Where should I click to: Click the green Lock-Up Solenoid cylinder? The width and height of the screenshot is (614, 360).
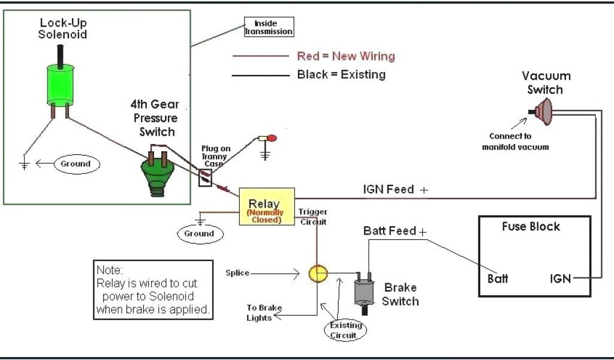pyautogui.click(x=59, y=84)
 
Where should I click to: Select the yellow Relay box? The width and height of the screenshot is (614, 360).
pyautogui.click(x=267, y=207)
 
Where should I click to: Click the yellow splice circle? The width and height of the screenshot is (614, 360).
pyautogui.click(x=318, y=274)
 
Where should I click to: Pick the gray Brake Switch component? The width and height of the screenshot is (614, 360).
pyautogui.click(x=364, y=291)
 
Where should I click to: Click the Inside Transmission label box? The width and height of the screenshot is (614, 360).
pyautogui.click(x=269, y=27)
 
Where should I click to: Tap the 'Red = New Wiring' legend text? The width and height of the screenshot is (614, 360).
pyautogui.click(x=345, y=56)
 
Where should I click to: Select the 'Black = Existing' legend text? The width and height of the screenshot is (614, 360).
pyautogui.click(x=341, y=75)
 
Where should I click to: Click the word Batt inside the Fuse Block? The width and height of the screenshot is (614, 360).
pyautogui.click(x=498, y=278)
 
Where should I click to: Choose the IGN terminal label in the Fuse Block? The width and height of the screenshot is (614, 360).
pyautogui.click(x=560, y=278)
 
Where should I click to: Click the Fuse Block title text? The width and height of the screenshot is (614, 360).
pyautogui.click(x=531, y=227)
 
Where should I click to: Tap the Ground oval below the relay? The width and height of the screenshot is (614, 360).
pyautogui.click(x=199, y=233)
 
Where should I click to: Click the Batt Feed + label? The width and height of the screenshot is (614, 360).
pyautogui.click(x=395, y=231)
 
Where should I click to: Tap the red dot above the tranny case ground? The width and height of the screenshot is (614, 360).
pyautogui.click(x=272, y=139)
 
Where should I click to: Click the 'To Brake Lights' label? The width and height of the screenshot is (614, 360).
pyautogui.click(x=264, y=313)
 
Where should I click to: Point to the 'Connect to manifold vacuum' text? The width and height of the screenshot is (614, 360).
pyautogui.click(x=515, y=142)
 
